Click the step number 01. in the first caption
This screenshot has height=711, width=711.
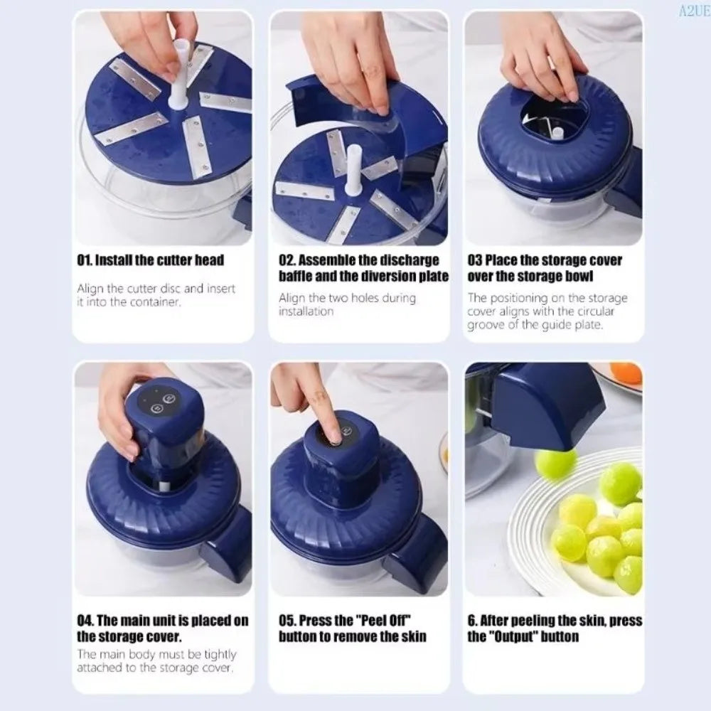pos(85,260)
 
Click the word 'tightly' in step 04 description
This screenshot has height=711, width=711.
pos(220,655)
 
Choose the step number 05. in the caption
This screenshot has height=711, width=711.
pos(287,620)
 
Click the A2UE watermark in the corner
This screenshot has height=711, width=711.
pos(694,11)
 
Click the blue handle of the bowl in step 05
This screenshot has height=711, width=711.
pos(416,553)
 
